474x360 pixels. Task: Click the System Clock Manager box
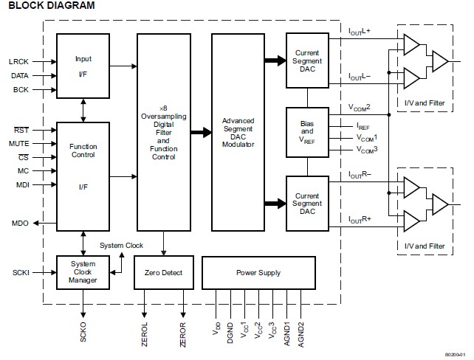83,273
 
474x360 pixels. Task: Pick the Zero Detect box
162,273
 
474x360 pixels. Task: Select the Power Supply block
258,273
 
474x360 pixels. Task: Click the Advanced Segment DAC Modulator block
238,132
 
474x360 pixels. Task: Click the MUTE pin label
19,143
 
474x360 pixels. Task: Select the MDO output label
20,223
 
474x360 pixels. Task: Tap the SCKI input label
20,273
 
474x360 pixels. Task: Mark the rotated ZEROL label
145,333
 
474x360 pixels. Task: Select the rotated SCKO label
83,332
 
